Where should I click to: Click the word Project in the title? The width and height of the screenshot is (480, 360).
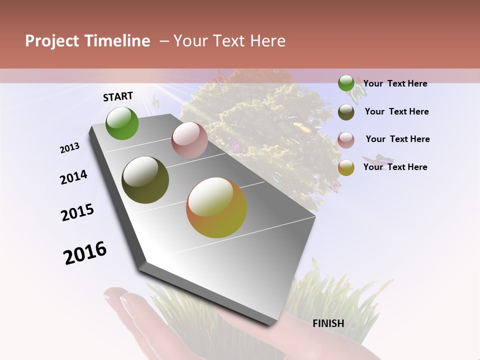(x=51, y=41)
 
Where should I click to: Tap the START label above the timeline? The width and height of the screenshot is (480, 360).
(x=118, y=96)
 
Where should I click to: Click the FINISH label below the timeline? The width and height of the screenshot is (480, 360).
(x=328, y=323)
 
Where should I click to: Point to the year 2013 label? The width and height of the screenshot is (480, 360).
(x=70, y=148)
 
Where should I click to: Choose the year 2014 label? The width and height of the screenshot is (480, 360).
(x=73, y=177)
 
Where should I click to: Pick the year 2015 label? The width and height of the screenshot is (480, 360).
(x=77, y=212)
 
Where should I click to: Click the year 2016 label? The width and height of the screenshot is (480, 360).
(x=85, y=252)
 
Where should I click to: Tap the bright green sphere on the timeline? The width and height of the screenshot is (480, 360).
(x=122, y=123)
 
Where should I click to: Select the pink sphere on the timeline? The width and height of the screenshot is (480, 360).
(x=189, y=140)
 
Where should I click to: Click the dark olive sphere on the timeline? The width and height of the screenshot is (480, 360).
(x=145, y=180)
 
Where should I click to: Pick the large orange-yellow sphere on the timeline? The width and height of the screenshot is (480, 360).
(x=216, y=207)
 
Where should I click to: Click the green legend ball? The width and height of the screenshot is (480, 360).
(x=346, y=83)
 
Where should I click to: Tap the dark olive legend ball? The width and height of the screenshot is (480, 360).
(x=346, y=112)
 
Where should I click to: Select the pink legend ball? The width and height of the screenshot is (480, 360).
(x=346, y=140)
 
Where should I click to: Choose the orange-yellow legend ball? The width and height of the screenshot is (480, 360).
(x=346, y=168)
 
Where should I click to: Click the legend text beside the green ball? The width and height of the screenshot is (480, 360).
(x=395, y=83)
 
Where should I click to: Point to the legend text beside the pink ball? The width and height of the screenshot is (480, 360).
(x=397, y=139)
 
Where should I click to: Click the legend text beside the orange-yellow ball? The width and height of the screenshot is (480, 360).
(x=395, y=167)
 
